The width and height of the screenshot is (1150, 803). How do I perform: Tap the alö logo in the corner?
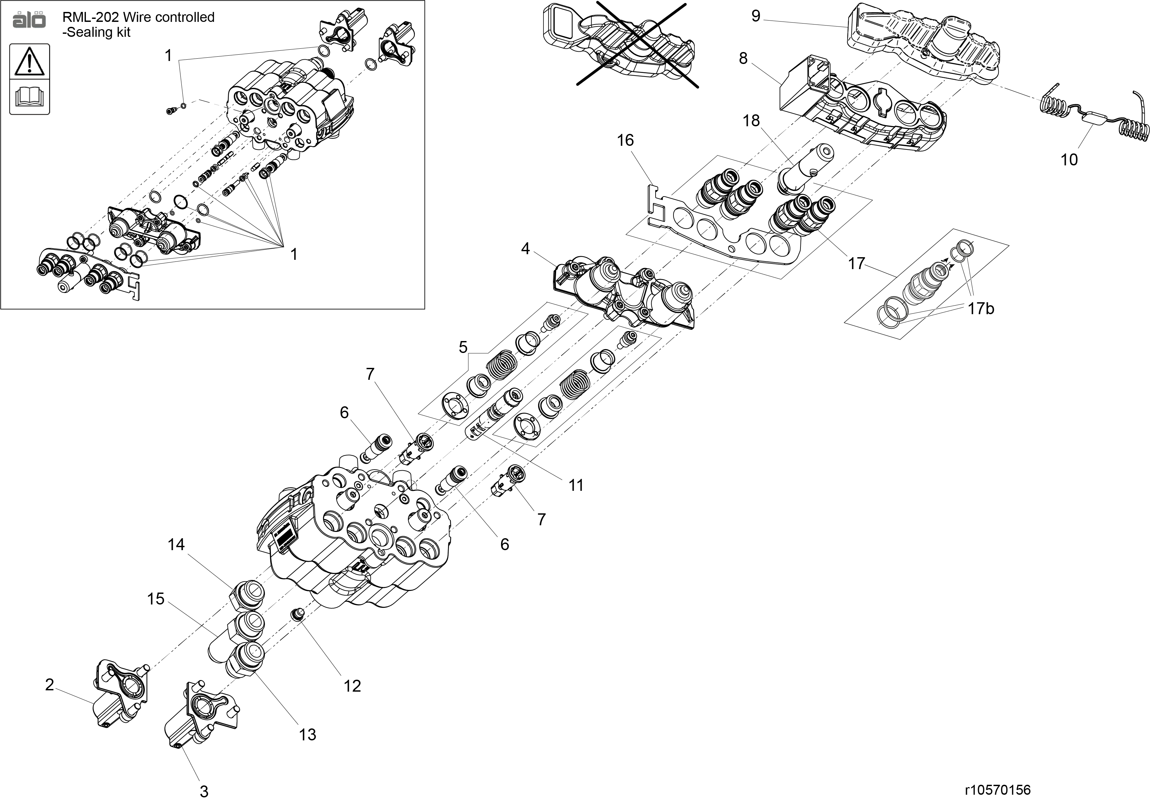click(29, 20)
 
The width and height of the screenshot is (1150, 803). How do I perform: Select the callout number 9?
click(756, 16)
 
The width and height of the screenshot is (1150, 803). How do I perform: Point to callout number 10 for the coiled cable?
click(1069, 160)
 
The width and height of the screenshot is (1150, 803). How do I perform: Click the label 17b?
click(980, 309)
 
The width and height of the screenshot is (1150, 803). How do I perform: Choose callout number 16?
click(625, 140)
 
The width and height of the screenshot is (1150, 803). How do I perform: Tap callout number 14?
click(176, 544)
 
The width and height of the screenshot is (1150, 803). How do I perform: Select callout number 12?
click(352, 686)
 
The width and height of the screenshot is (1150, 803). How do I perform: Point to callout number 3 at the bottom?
click(204, 791)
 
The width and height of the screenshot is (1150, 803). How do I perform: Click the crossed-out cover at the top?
click(621, 42)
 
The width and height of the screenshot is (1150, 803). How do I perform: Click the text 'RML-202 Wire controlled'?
click(138, 17)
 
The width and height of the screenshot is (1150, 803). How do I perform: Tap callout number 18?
click(751, 121)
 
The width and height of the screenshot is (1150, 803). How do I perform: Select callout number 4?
click(525, 248)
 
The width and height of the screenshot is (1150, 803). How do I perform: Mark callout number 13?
click(307, 734)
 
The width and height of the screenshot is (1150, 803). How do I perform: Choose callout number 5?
click(463, 347)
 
